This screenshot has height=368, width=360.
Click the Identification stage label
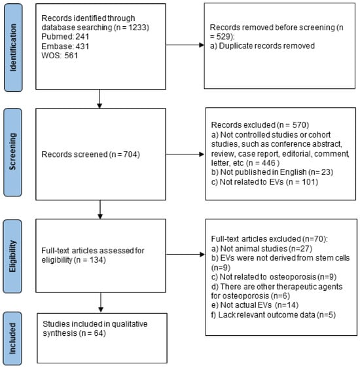13,47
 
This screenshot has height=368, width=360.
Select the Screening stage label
12,152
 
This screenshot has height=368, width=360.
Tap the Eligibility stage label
12,256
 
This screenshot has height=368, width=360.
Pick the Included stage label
12,338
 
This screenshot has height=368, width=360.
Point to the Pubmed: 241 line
65,37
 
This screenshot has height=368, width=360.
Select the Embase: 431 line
65,46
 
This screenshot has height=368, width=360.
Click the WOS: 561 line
60,56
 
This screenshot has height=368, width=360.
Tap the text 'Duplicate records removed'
266,46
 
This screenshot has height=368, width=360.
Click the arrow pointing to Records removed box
185,45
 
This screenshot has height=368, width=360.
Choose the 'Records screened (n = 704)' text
90,155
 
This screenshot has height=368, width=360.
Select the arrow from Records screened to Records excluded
185,154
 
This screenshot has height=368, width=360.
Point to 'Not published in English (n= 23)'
272,172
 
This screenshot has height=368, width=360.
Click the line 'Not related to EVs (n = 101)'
264,182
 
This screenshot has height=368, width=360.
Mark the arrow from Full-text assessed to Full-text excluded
185,254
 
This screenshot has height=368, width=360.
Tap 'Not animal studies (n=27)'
262,248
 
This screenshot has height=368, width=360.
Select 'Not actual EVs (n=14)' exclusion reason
255,305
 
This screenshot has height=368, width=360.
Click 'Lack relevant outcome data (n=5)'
274,314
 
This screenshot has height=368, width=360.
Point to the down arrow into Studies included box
101,303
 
